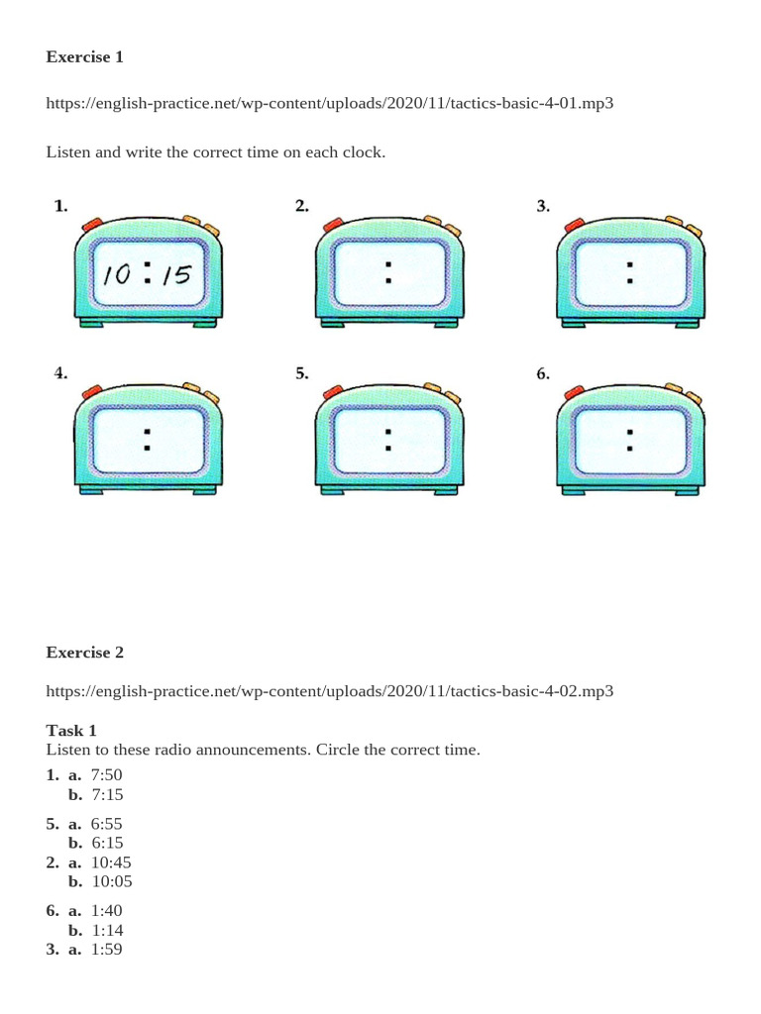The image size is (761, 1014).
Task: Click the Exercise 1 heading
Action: [85, 56]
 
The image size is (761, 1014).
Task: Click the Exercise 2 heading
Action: [85, 652]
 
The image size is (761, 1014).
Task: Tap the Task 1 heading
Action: [71, 730]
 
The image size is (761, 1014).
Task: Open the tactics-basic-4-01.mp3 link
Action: [329, 103]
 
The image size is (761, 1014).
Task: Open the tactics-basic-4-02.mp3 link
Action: [329, 691]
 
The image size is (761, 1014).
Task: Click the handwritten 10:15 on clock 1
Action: [148, 274]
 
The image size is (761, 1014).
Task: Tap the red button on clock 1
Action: [92, 225]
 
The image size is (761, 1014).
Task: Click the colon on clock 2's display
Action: [388, 272]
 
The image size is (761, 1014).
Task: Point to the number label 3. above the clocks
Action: [543, 206]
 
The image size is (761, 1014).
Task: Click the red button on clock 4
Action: [92, 392]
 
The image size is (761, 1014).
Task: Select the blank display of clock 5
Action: [388, 441]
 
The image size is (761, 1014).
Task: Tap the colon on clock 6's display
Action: [629, 440]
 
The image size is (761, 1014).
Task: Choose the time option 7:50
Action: [106, 774]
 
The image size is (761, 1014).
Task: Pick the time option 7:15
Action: [107, 794]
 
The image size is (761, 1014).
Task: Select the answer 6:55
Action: [106, 823]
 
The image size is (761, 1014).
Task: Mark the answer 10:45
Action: [111, 862]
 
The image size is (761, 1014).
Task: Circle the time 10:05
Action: [111, 881]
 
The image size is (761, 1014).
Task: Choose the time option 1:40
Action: [106, 911]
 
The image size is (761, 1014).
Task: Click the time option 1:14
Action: [107, 930]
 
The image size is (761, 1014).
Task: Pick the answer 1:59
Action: [106, 949]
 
